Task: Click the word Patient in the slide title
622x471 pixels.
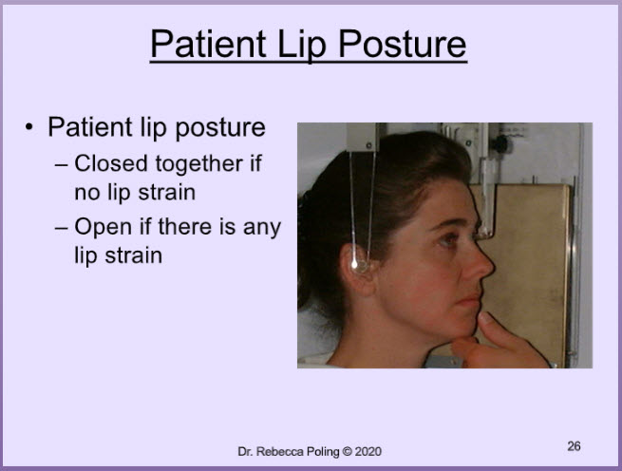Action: tap(208, 44)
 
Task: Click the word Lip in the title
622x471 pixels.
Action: tap(302, 46)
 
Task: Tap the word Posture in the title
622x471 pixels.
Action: tap(403, 45)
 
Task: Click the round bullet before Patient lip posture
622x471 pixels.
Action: tap(28, 127)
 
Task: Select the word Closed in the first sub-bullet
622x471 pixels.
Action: tap(111, 163)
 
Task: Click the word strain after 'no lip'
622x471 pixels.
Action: tap(166, 193)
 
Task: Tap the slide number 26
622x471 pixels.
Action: tap(574, 446)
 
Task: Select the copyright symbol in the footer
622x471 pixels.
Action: tap(348, 452)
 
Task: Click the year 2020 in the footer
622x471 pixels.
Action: tap(368, 452)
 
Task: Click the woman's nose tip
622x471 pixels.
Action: tap(493, 269)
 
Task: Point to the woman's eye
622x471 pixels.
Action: tap(450, 238)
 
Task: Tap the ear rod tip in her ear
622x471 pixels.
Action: tap(355, 264)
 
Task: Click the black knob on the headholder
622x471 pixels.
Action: tap(499, 143)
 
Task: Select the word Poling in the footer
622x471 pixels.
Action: tap(322, 452)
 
